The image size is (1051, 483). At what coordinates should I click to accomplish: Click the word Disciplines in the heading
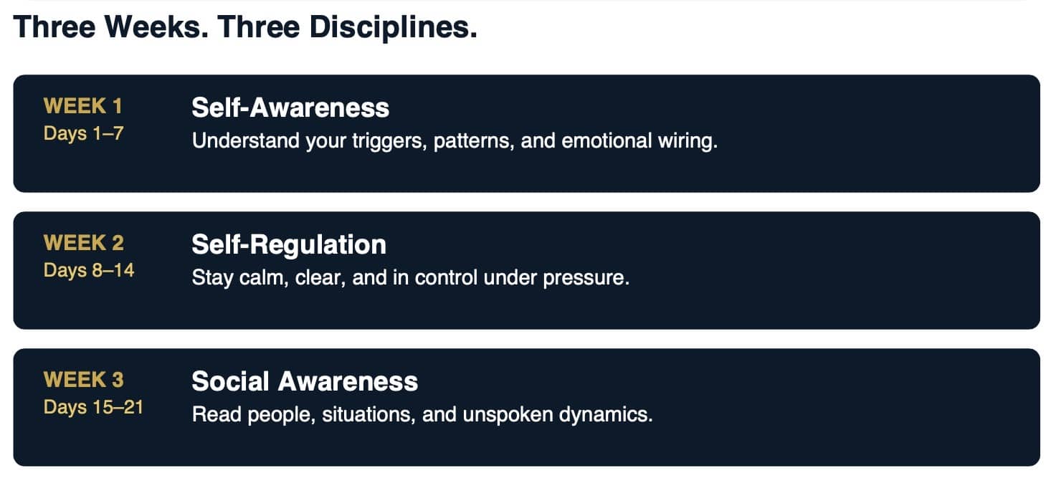(393, 27)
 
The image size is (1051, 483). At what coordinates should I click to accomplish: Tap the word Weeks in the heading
(156, 27)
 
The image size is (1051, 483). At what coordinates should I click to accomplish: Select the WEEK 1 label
(82, 106)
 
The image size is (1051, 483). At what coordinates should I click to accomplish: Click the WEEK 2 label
(83, 243)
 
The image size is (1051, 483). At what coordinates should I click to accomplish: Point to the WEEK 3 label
(83, 380)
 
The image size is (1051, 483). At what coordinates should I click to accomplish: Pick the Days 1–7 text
(83, 133)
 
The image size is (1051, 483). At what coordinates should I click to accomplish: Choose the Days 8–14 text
(89, 271)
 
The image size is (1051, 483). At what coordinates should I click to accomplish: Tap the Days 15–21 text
(93, 408)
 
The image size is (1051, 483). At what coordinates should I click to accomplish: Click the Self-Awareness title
(290, 107)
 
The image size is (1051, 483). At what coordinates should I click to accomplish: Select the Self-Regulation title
(289, 245)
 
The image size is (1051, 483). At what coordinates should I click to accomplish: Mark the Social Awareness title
(305, 381)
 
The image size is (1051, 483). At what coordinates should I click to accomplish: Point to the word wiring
(688, 141)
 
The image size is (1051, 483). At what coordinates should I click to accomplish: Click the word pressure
(586, 279)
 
